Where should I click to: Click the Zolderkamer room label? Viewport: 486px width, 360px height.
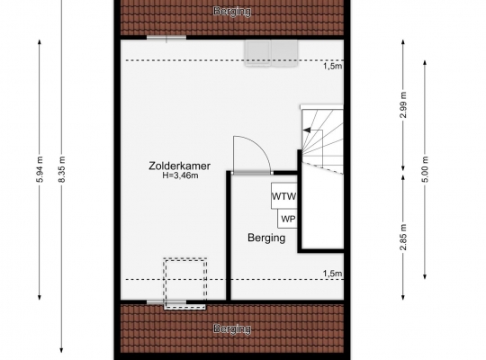[x=179, y=166]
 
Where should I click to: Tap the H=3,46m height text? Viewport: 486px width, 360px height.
[x=180, y=175]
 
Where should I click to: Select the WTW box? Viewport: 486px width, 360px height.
[x=283, y=195]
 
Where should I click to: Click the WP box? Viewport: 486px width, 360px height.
[x=288, y=219]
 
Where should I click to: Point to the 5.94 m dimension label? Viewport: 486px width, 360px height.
[x=40, y=169]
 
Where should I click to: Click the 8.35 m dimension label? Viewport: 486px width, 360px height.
[x=62, y=169]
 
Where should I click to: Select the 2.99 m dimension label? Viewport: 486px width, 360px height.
[x=403, y=105]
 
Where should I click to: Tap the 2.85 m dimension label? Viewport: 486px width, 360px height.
[x=403, y=237]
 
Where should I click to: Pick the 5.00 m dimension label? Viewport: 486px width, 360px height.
[x=425, y=169]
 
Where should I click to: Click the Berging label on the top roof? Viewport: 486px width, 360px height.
[x=232, y=11]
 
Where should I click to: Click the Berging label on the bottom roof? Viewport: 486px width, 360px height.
[x=232, y=328]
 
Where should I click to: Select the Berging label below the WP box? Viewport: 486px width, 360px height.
[x=266, y=238]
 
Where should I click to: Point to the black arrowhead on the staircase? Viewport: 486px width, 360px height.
[x=307, y=130]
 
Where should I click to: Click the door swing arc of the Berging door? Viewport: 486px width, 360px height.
[x=260, y=147]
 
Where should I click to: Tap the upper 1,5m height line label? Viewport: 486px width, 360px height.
[x=333, y=66]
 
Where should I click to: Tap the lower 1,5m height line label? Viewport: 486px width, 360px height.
[x=333, y=274]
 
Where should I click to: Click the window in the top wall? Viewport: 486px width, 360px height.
[x=166, y=38]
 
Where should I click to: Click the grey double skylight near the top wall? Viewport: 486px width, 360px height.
[x=271, y=53]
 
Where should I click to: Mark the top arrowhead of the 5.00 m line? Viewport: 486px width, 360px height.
[x=425, y=62]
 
